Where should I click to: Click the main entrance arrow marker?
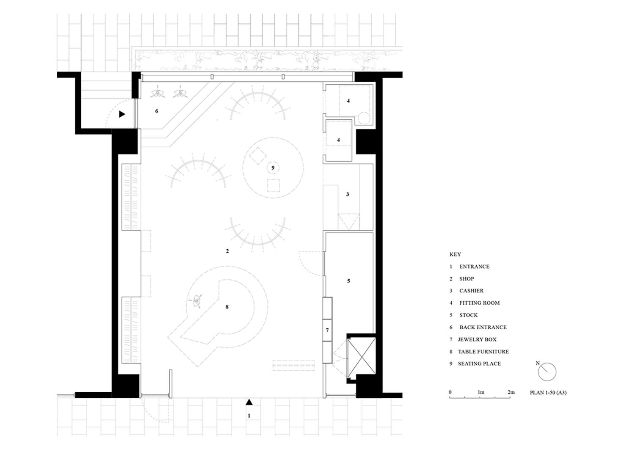pos(249,402)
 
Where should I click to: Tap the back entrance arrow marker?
pos(122,114)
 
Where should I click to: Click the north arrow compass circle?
pos(547,372)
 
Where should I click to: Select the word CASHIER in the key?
pos(472,291)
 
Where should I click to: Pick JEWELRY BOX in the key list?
pos(477,339)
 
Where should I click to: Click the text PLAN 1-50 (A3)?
pos(548,393)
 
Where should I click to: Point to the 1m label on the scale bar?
pos(481,392)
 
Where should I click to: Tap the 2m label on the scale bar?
pos(511,392)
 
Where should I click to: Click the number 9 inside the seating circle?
pos(273,168)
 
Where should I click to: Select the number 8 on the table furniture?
pos(227,307)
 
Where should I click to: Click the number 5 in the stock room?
pos(348,281)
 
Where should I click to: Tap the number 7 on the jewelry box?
pos(327,330)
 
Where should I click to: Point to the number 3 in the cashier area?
pos(348,194)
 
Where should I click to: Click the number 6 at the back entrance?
pos(157,111)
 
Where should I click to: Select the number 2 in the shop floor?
pos(227,251)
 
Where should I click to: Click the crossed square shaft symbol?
pos(362,357)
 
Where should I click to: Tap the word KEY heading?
pos(455,254)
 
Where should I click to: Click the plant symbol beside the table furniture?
pos(197,301)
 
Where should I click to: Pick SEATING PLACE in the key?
pos(479,364)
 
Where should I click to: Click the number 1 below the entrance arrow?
pos(249,416)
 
